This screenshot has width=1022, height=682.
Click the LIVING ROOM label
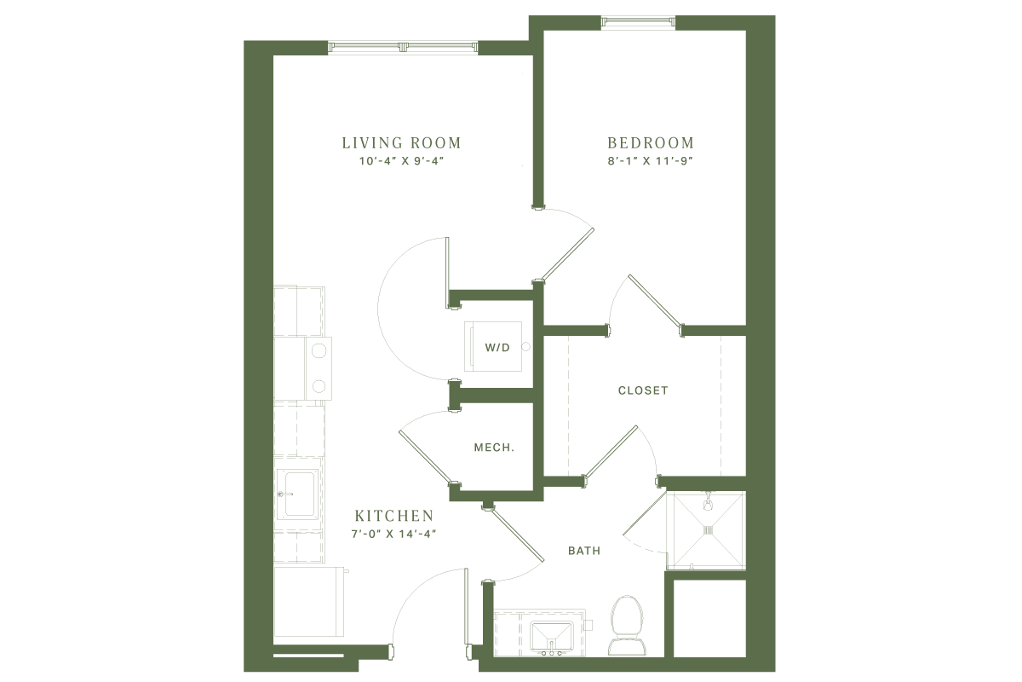(x=401, y=143)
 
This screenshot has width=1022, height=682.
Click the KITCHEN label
(x=395, y=517)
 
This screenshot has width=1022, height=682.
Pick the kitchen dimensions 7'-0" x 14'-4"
(x=395, y=535)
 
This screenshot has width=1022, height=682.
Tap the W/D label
(x=497, y=349)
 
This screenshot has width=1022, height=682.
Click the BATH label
(x=584, y=552)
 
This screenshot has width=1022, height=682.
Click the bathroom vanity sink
(x=542, y=635)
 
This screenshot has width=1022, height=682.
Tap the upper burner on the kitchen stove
(x=317, y=350)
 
